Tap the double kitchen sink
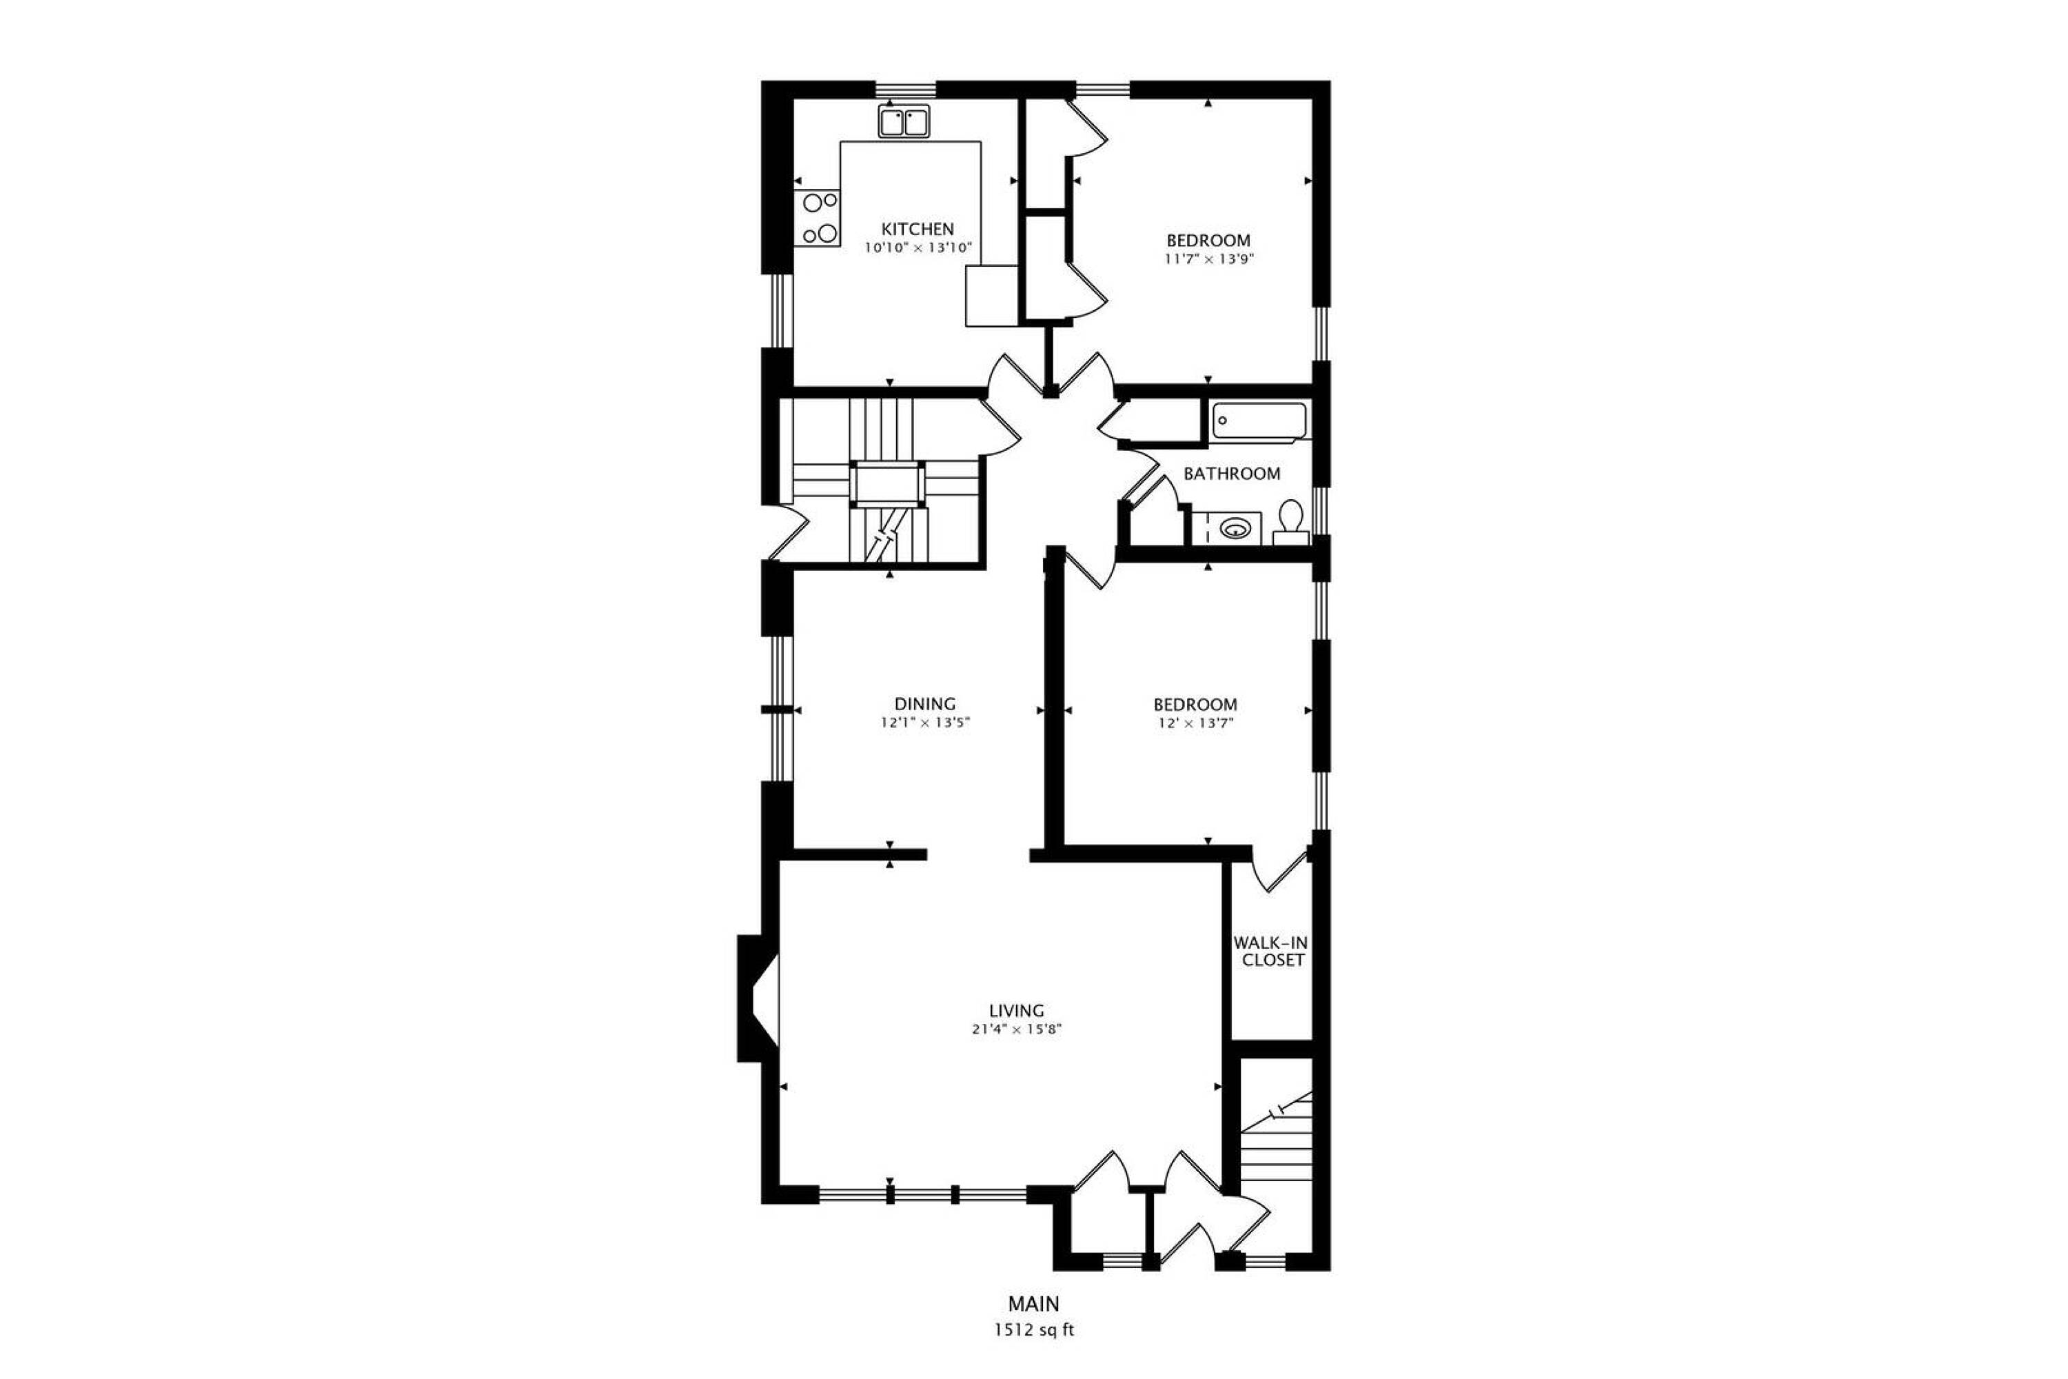[x=904, y=121]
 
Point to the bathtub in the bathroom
[x=1261, y=421]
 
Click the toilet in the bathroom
[x=1292, y=523]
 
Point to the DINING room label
[x=925, y=703]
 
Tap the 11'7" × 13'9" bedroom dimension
[x=1209, y=259]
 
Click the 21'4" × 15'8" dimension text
[x=1017, y=1030]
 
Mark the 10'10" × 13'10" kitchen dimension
[x=918, y=248]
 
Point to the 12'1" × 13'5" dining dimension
[x=925, y=723]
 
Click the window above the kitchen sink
[x=906, y=89]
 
